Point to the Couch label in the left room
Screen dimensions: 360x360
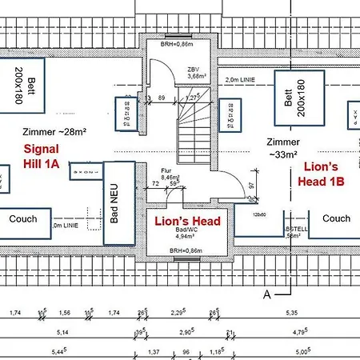tap(24, 218)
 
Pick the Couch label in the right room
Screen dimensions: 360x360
tap(336, 218)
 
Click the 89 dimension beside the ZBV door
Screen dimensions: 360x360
tap(162, 98)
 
